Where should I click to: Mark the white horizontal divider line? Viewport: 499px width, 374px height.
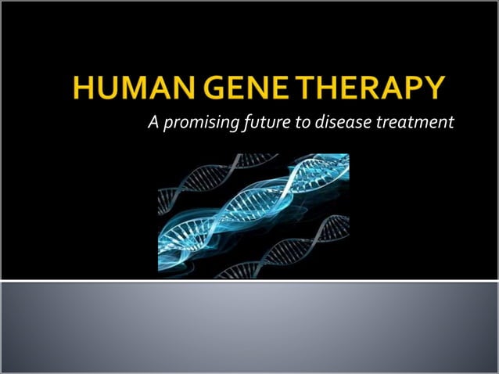[x=249, y=280]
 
